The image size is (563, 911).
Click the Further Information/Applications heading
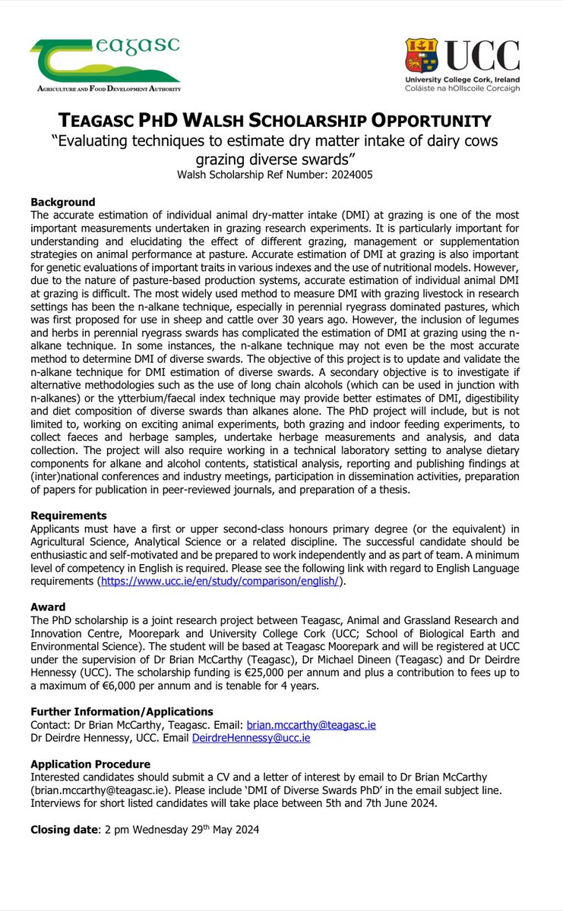click(x=122, y=711)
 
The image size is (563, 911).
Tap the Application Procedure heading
click(x=90, y=764)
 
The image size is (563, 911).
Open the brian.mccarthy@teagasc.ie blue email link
click(x=311, y=725)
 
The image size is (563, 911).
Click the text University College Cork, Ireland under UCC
click(x=463, y=80)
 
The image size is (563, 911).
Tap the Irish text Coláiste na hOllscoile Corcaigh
click(x=463, y=89)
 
